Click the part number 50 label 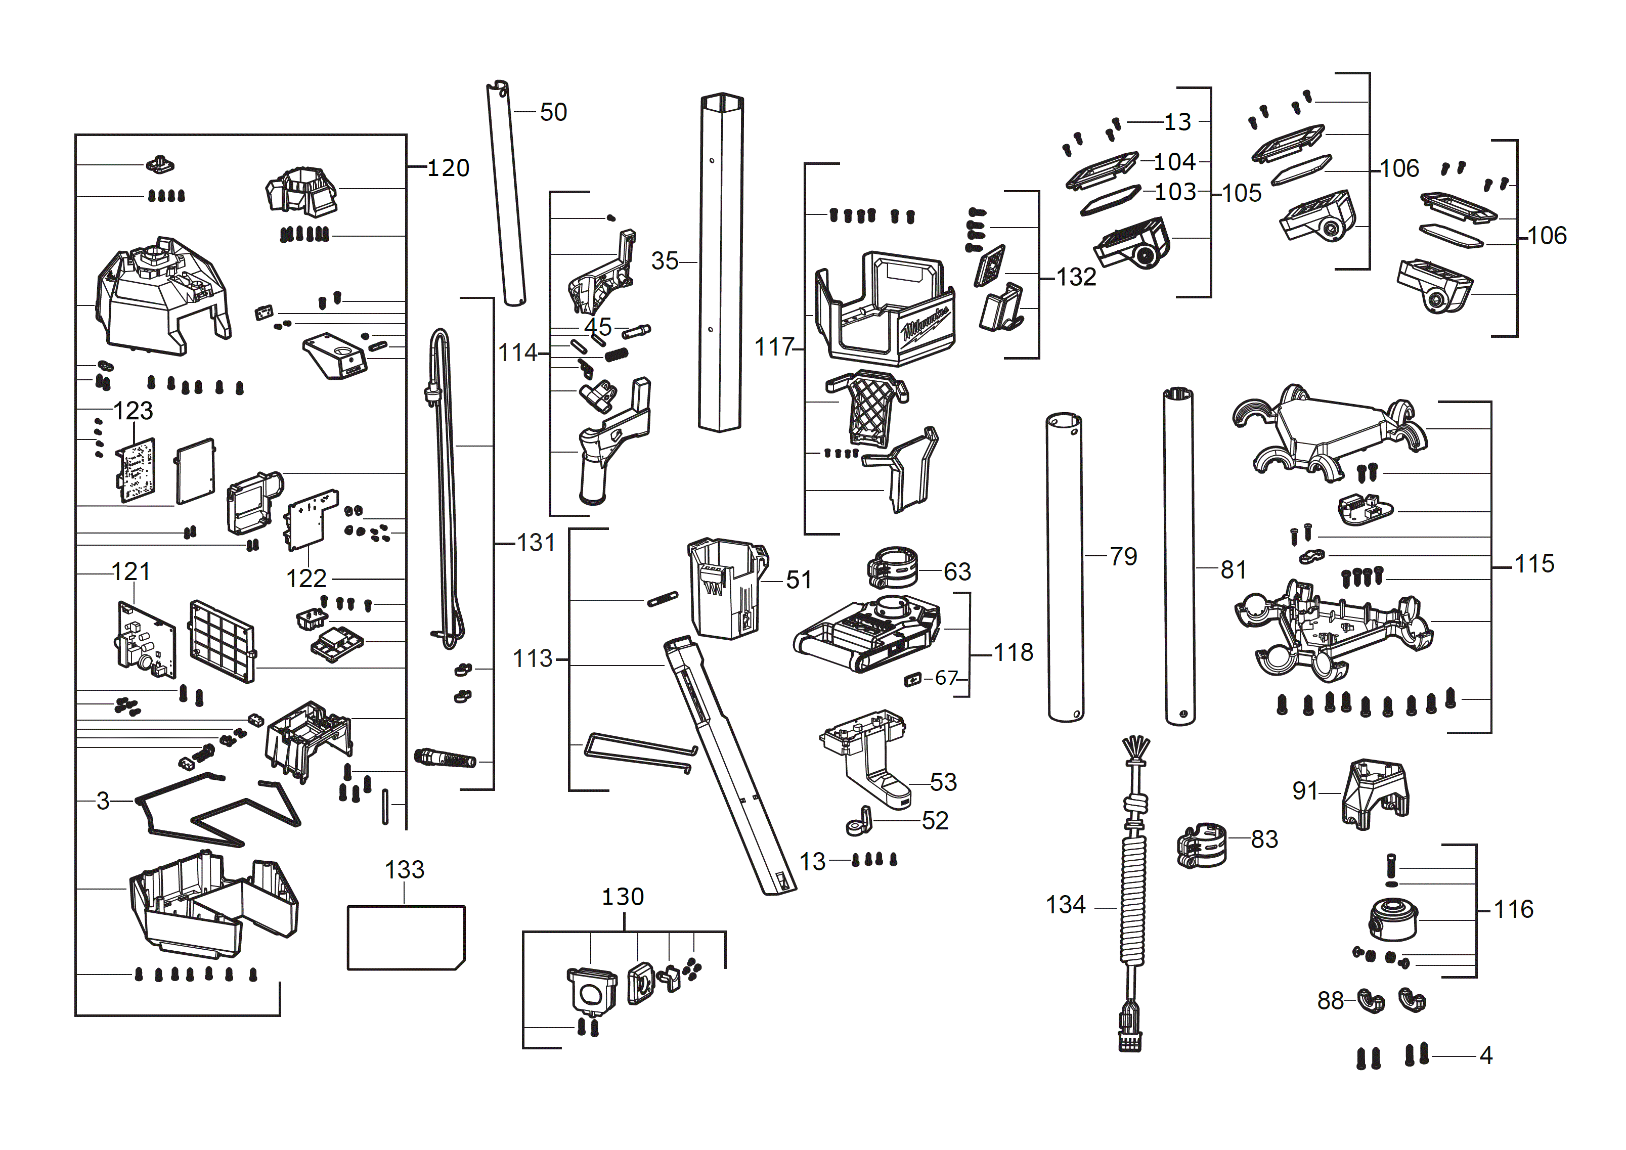(x=553, y=112)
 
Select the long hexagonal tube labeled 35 (x=720, y=262)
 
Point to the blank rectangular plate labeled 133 (x=405, y=937)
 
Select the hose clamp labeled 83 (x=1201, y=845)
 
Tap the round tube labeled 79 (x=1065, y=566)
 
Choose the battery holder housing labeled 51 (x=726, y=588)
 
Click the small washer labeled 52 (x=859, y=823)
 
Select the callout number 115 (x=1534, y=564)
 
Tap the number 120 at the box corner (x=448, y=168)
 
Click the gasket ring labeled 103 (x=1110, y=200)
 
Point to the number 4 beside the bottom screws (x=1486, y=1056)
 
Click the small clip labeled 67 (x=913, y=680)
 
